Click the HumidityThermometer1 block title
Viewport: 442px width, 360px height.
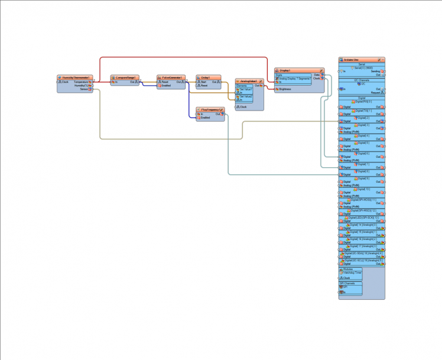tap(76, 77)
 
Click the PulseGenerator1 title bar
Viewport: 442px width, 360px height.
tap(172, 77)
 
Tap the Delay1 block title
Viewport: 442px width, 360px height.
tap(206, 77)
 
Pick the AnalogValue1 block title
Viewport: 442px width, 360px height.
tap(249, 81)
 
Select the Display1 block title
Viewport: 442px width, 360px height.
tap(285, 70)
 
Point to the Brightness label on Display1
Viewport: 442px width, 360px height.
tap(285, 89)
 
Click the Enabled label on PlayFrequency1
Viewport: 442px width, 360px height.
tap(205, 118)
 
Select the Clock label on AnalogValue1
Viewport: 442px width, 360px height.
tap(243, 107)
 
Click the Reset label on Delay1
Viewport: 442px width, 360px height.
tap(204, 86)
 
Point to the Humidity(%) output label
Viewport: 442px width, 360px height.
tap(82, 86)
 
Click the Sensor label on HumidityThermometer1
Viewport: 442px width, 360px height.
tap(84, 89)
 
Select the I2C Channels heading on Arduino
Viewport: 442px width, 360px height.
tap(362, 80)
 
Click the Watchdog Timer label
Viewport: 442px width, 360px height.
tap(352, 273)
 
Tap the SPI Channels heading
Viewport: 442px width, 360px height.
tap(347, 283)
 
